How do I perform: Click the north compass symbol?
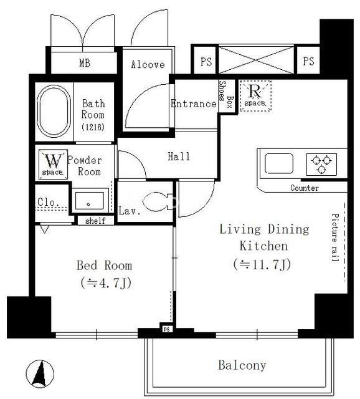(40, 373)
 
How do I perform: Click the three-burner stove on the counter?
(321, 165)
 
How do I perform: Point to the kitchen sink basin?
(279, 163)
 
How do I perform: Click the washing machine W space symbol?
(53, 165)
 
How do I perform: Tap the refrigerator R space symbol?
(255, 95)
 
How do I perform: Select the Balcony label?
(242, 365)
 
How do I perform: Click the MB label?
(85, 63)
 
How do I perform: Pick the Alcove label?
(148, 64)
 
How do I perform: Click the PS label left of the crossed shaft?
(206, 62)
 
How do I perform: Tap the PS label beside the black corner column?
(308, 61)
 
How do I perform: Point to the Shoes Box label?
(226, 94)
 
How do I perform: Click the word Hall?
(179, 156)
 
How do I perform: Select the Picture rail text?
(335, 238)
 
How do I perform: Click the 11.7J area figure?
(262, 264)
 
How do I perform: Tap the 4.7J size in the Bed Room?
(106, 282)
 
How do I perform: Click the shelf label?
(95, 221)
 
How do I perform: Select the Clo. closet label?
(48, 202)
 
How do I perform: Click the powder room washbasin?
(89, 201)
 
